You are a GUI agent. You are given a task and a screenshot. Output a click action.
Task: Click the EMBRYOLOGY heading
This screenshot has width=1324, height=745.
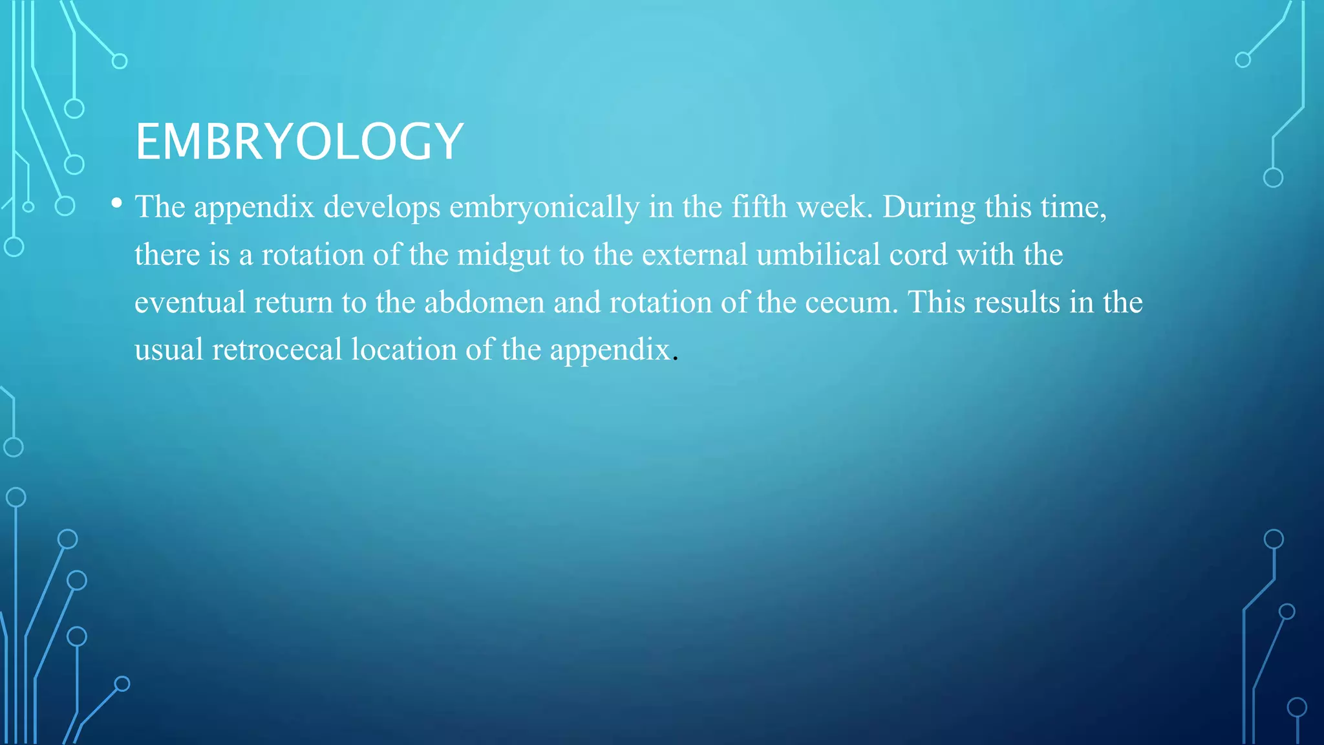coord(299,142)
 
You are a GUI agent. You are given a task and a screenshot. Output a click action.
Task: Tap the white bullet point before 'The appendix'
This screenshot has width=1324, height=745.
coord(116,204)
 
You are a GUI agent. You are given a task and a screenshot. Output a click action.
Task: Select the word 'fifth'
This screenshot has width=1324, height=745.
coord(760,207)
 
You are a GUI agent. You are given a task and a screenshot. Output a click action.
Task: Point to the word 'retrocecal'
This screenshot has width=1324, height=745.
coord(277,350)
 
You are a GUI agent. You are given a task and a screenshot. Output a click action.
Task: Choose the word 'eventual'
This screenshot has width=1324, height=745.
coord(190,303)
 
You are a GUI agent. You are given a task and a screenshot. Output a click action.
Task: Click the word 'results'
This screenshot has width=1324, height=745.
coord(1017,303)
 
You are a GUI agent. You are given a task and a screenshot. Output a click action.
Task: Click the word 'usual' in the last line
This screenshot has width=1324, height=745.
coord(169,350)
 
